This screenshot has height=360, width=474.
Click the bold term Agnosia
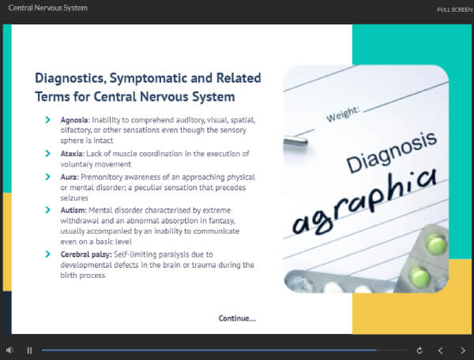tap(74, 120)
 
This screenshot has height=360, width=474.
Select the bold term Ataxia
tap(72, 153)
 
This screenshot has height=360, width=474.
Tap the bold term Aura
tap(70, 177)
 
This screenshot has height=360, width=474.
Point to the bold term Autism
tap(73, 210)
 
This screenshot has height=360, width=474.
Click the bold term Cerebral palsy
tap(86, 254)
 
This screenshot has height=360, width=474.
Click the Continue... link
tap(237, 318)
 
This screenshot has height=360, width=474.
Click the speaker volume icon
tap(9, 350)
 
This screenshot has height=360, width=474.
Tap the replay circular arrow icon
tap(419, 351)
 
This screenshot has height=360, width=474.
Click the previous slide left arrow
tap(441, 351)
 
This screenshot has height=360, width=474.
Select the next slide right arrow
tap(463, 351)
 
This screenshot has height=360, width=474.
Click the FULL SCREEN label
tap(455, 9)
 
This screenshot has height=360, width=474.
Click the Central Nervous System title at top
tap(47, 8)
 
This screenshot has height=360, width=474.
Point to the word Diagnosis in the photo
tap(392, 152)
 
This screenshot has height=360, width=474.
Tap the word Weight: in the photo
tap(343, 114)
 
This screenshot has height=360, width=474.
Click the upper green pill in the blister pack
tap(436, 243)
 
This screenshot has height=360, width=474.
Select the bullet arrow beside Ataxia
tap(47, 153)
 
